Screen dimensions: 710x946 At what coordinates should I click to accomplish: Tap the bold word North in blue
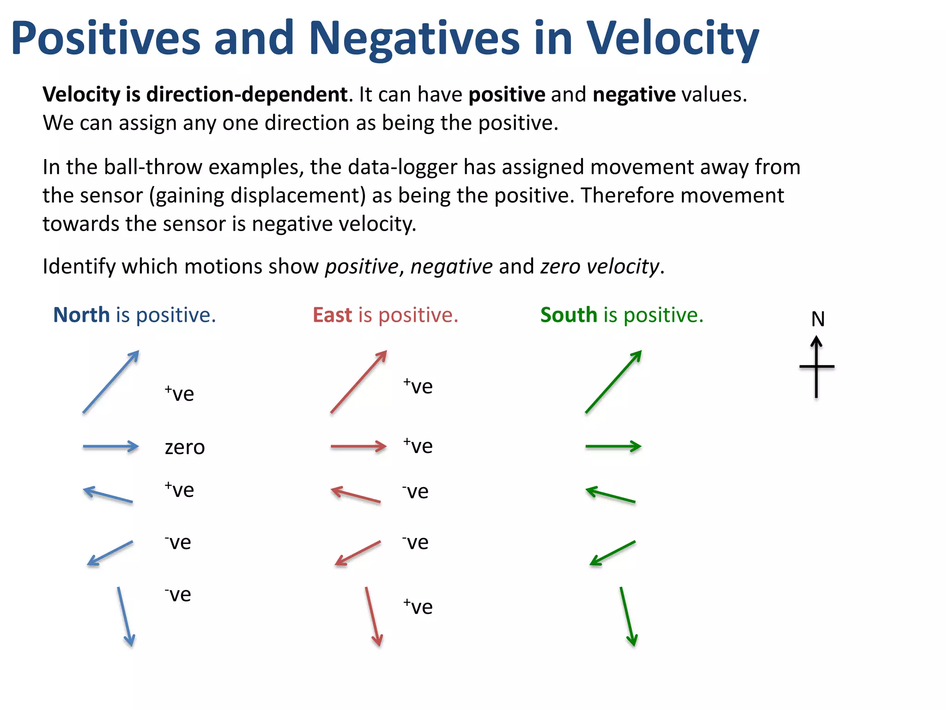coord(81,315)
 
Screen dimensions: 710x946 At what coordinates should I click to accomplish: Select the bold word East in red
coord(332,315)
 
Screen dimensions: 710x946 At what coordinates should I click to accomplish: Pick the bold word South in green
coord(569,315)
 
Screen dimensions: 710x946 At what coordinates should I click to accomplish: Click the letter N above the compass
coord(818,319)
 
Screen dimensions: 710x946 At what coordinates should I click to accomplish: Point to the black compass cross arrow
coord(817,367)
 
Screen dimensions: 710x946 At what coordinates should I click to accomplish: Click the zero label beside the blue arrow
coord(185,447)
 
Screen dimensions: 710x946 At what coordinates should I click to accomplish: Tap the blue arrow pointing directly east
coord(111,447)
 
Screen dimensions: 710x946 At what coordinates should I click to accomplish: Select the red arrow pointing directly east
coord(358,447)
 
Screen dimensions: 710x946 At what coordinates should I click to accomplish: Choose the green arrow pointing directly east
coord(613,447)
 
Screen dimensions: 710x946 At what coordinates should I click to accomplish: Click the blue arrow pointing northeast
coord(111,382)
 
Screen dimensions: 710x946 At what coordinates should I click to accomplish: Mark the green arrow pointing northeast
coord(613,382)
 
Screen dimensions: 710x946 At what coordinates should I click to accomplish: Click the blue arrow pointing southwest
coord(110,553)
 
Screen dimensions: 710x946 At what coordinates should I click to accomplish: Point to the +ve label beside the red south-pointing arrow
coord(418,607)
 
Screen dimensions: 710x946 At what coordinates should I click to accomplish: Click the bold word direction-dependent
coord(247,95)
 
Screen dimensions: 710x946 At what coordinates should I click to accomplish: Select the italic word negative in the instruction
coord(451,267)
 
